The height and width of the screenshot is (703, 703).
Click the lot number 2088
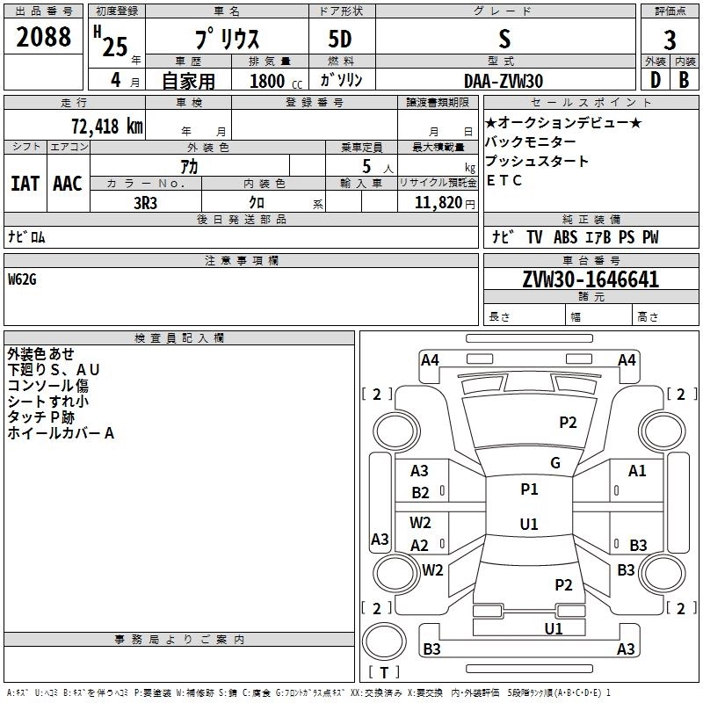(44, 38)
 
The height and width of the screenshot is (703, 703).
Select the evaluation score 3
(670, 40)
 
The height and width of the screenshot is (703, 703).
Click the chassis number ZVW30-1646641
(591, 279)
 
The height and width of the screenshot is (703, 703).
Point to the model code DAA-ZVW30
(504, 81)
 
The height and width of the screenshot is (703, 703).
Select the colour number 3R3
(146, 202)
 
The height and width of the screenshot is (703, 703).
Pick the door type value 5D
(342, 40)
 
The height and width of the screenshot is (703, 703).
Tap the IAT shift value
(25, 184)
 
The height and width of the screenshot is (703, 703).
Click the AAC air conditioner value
(68, 184)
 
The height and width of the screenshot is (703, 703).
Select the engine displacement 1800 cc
(267, 81)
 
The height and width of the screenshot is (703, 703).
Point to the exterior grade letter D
(654, 80)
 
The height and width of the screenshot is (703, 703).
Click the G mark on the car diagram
(555, 463)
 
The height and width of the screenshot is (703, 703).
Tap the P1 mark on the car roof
(529, 489)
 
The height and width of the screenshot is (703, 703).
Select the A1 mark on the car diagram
(637, 471)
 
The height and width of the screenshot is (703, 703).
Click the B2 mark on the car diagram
(421, 493)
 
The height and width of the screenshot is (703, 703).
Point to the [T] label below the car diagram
(383, 672)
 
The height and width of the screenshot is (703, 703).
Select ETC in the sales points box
(504, 181)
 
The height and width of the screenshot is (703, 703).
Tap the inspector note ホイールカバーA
(61, 433)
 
